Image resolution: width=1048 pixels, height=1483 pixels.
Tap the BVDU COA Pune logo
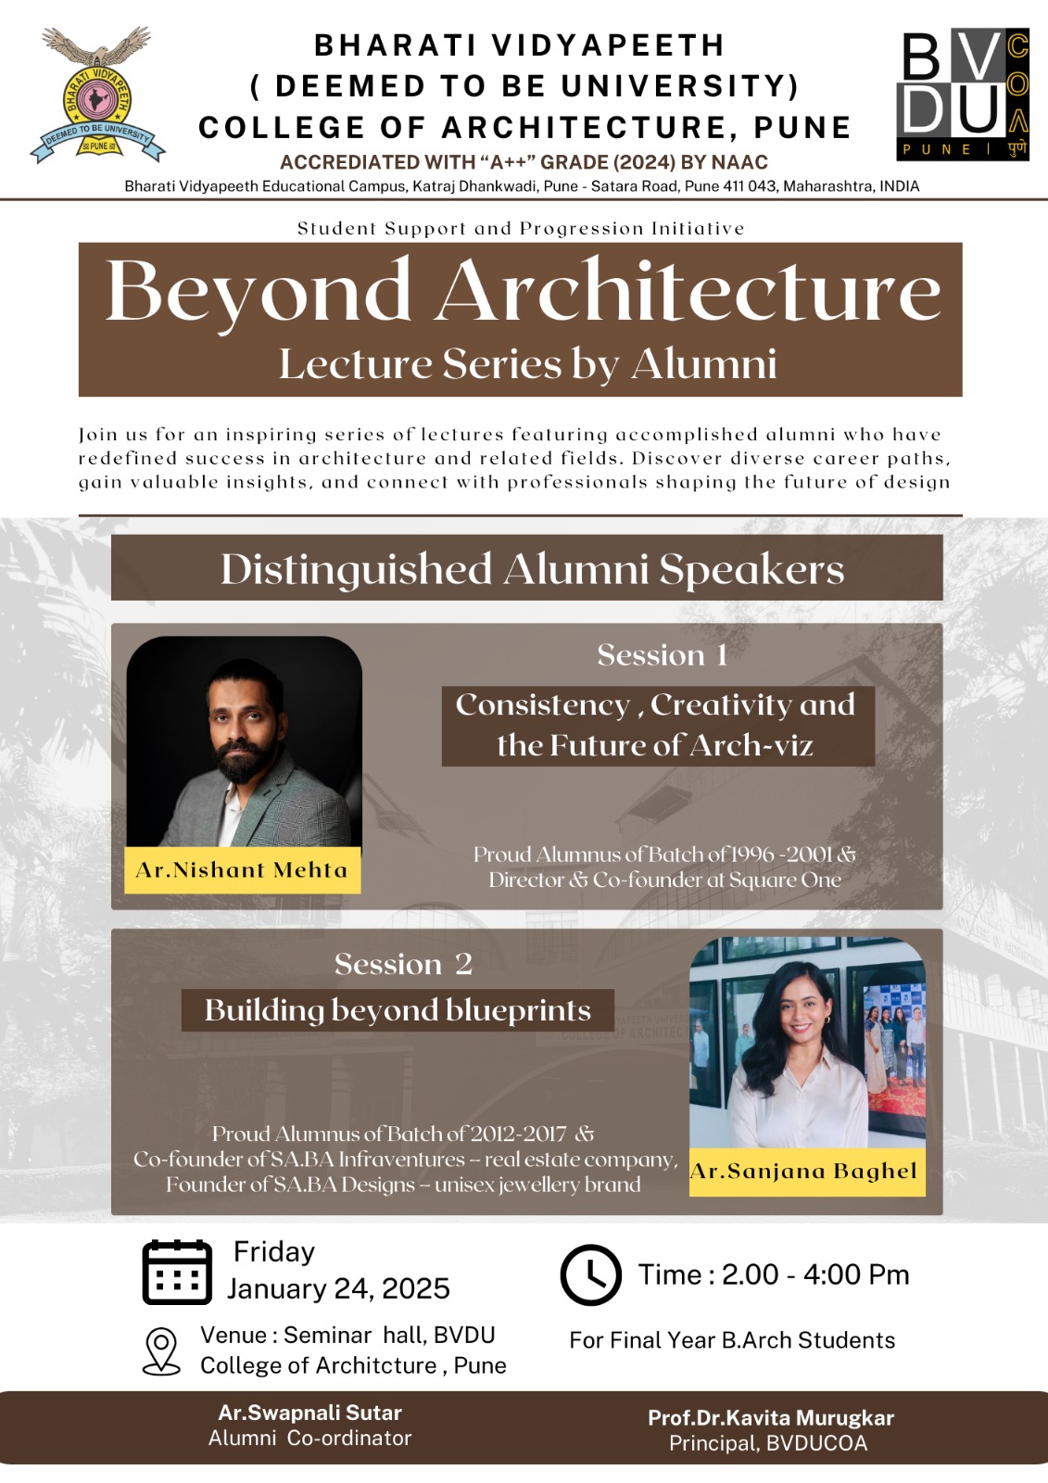(x=963, y=95)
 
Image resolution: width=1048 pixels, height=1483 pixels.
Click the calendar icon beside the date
(x=177, y=1272)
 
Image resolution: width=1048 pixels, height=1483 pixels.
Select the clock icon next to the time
(x=590, y=1275)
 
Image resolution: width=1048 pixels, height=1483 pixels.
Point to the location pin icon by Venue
(x=162, y=1350)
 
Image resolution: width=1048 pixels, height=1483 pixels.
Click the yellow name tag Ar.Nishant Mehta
(x=242, y=870)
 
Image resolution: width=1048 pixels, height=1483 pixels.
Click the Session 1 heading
(x=662, y=655)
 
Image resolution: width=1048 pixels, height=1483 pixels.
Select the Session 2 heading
(x=403, y=964)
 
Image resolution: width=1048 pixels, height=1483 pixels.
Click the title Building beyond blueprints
(x=398, y=1010)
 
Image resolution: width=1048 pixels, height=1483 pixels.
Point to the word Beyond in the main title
(x=259, y=292)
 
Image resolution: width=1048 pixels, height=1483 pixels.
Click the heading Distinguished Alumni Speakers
(x=532, y=569)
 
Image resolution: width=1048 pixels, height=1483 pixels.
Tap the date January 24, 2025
(x=338, y=1288)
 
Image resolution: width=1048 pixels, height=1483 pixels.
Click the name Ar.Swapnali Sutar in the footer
(x=309, y=1413)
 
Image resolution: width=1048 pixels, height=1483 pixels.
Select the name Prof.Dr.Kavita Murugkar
(x=770, y=1418)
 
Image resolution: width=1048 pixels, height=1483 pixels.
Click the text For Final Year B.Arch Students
(x=732, y=1340)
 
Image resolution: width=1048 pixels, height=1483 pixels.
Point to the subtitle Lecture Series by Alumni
(x=527, y=364)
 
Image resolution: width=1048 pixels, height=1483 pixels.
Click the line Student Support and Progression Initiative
(x=521, y=228)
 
